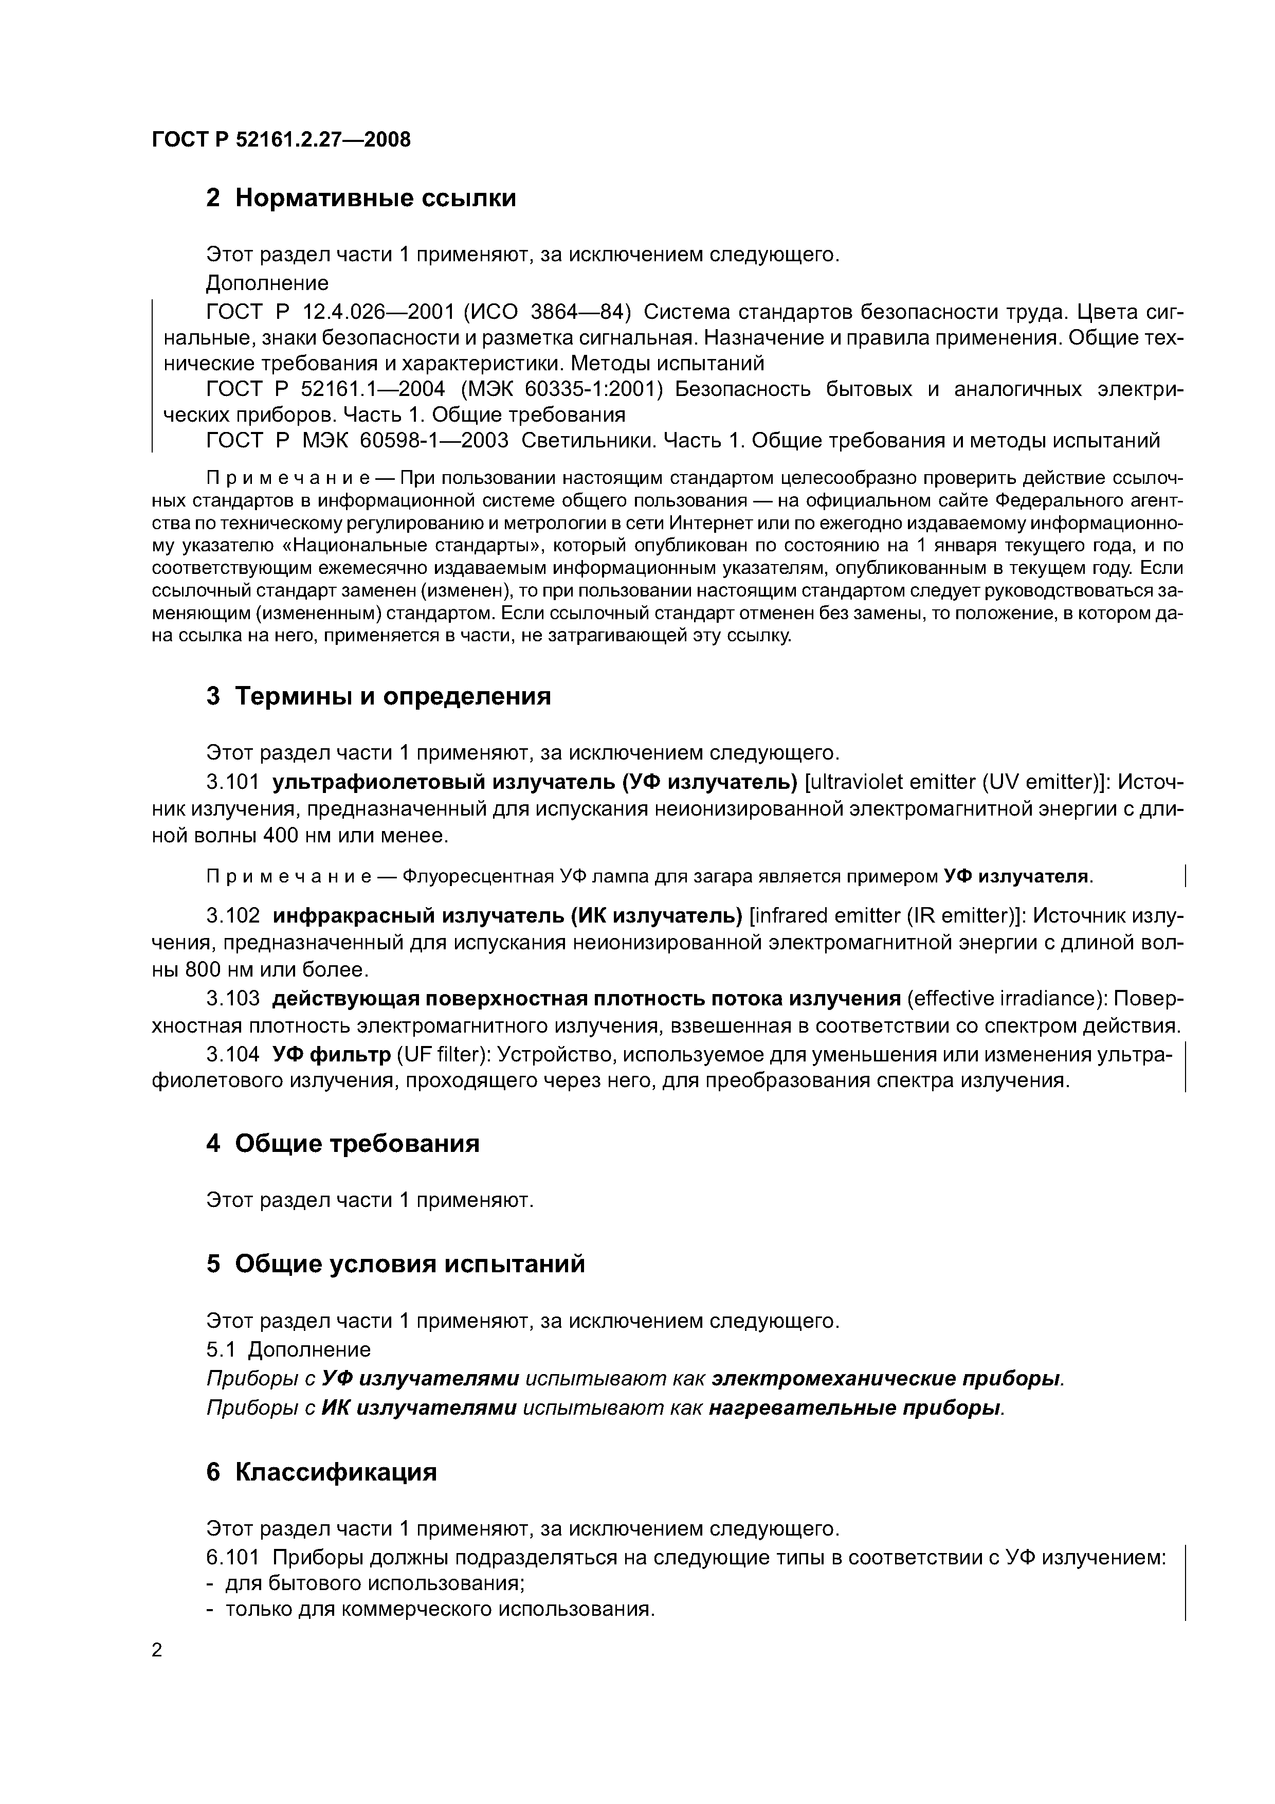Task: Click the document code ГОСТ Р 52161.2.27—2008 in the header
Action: pos(281,140)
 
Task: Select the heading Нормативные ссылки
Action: pos(375,198)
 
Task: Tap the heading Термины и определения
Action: pos(393,696)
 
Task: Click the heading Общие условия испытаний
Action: pos(409,1264)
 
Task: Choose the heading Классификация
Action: pos(335,1472)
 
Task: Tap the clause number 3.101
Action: pos(232,783)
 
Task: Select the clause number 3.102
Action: pos(232,916)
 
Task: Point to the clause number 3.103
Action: pos(232,999)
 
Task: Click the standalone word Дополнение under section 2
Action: pos(267,283)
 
